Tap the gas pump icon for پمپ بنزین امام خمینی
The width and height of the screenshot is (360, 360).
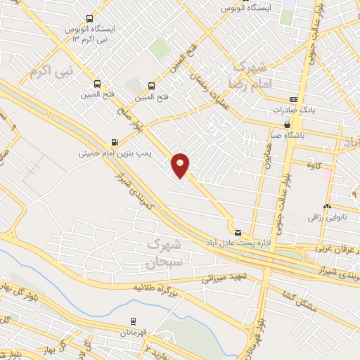[115, 141]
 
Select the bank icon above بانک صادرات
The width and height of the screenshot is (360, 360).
[293, 100]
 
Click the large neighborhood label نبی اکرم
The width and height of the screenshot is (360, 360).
[51, 71]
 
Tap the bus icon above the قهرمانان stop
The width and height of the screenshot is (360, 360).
[132, 320]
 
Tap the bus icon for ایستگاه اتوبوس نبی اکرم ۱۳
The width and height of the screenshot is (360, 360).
[89, 18]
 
